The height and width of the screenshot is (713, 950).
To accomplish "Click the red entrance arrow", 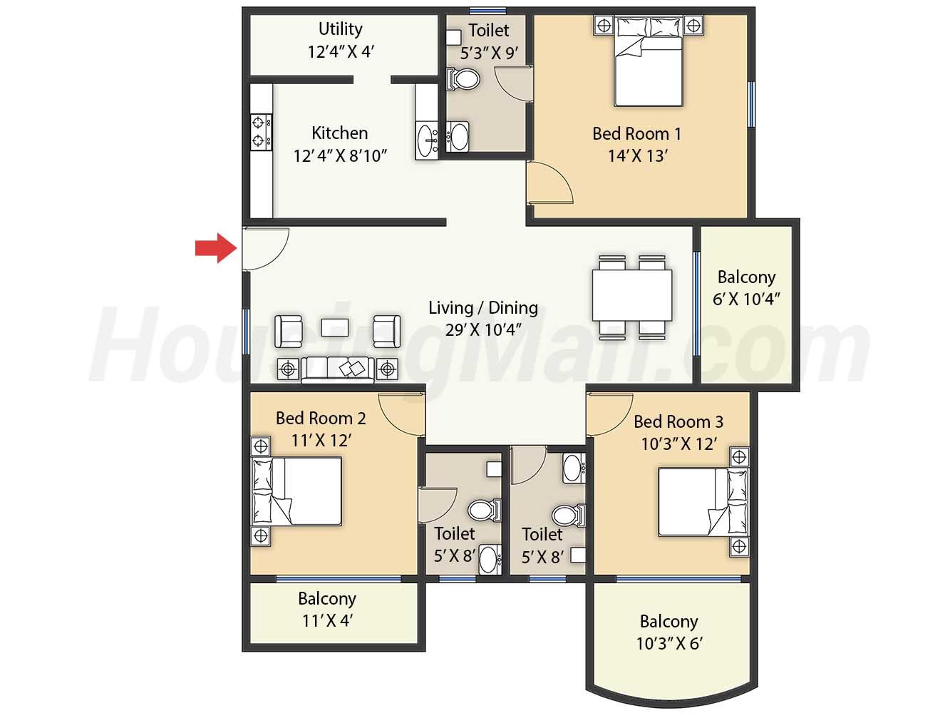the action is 216,248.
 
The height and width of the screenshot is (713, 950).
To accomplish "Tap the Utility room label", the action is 340,29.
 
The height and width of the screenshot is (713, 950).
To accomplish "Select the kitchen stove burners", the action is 262,132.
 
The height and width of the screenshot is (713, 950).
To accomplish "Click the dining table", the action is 632,295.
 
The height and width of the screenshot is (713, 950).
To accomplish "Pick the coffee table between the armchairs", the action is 334,327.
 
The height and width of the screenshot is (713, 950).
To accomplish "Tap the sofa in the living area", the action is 338,370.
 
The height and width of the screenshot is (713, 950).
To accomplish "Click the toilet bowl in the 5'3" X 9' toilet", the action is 463,79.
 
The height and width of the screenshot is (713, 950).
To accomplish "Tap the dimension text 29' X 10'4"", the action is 483,330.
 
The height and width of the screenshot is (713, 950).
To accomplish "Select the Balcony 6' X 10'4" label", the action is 746,288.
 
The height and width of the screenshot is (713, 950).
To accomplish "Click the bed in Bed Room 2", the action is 296,491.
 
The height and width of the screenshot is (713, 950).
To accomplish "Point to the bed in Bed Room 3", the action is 703,502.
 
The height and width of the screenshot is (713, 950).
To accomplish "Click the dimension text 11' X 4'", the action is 327,621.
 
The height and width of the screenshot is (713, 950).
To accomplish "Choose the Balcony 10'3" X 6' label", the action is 669,632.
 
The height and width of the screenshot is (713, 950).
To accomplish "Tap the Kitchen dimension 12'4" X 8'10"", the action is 340,156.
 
